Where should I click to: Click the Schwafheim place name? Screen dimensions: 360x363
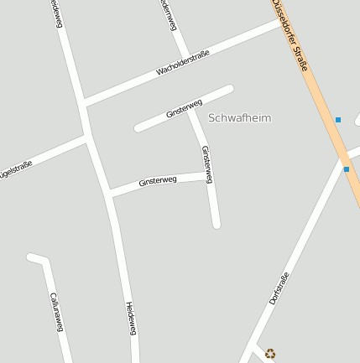pyautogui.click(x=239, y=118)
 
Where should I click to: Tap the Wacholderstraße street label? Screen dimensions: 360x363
pyautogui.click(x=182, y=64)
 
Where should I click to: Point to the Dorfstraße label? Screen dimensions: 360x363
pyautogui.click(x=279, y=288)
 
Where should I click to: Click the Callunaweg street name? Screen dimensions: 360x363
pyautogui.click(x=56, y=311)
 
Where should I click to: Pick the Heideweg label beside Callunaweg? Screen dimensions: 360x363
pyautogui.click(x=131, y=319)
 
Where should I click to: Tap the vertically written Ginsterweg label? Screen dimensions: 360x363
pyautogui.click(x=206, y=164)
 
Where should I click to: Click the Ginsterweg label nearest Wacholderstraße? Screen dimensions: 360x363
pyautogui.click(x=184, y=107)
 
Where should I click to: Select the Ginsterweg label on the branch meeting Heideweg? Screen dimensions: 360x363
pyautogui.click(x=158, y=180)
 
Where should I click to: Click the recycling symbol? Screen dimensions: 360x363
pyautogui.click(x=269, y=354)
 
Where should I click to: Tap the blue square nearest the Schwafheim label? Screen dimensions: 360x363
pyautogui.click(x=338, y=120)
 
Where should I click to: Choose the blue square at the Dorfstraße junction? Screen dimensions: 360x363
pyautogui.click(x=346, y=169)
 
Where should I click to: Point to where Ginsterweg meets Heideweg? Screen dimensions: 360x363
pyautogui.click(x=109, y=195)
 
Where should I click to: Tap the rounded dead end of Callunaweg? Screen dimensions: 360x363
pyautogui.click(x=31, y=257)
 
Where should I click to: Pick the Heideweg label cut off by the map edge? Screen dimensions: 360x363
pyautogui.click(x=55, y=13)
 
